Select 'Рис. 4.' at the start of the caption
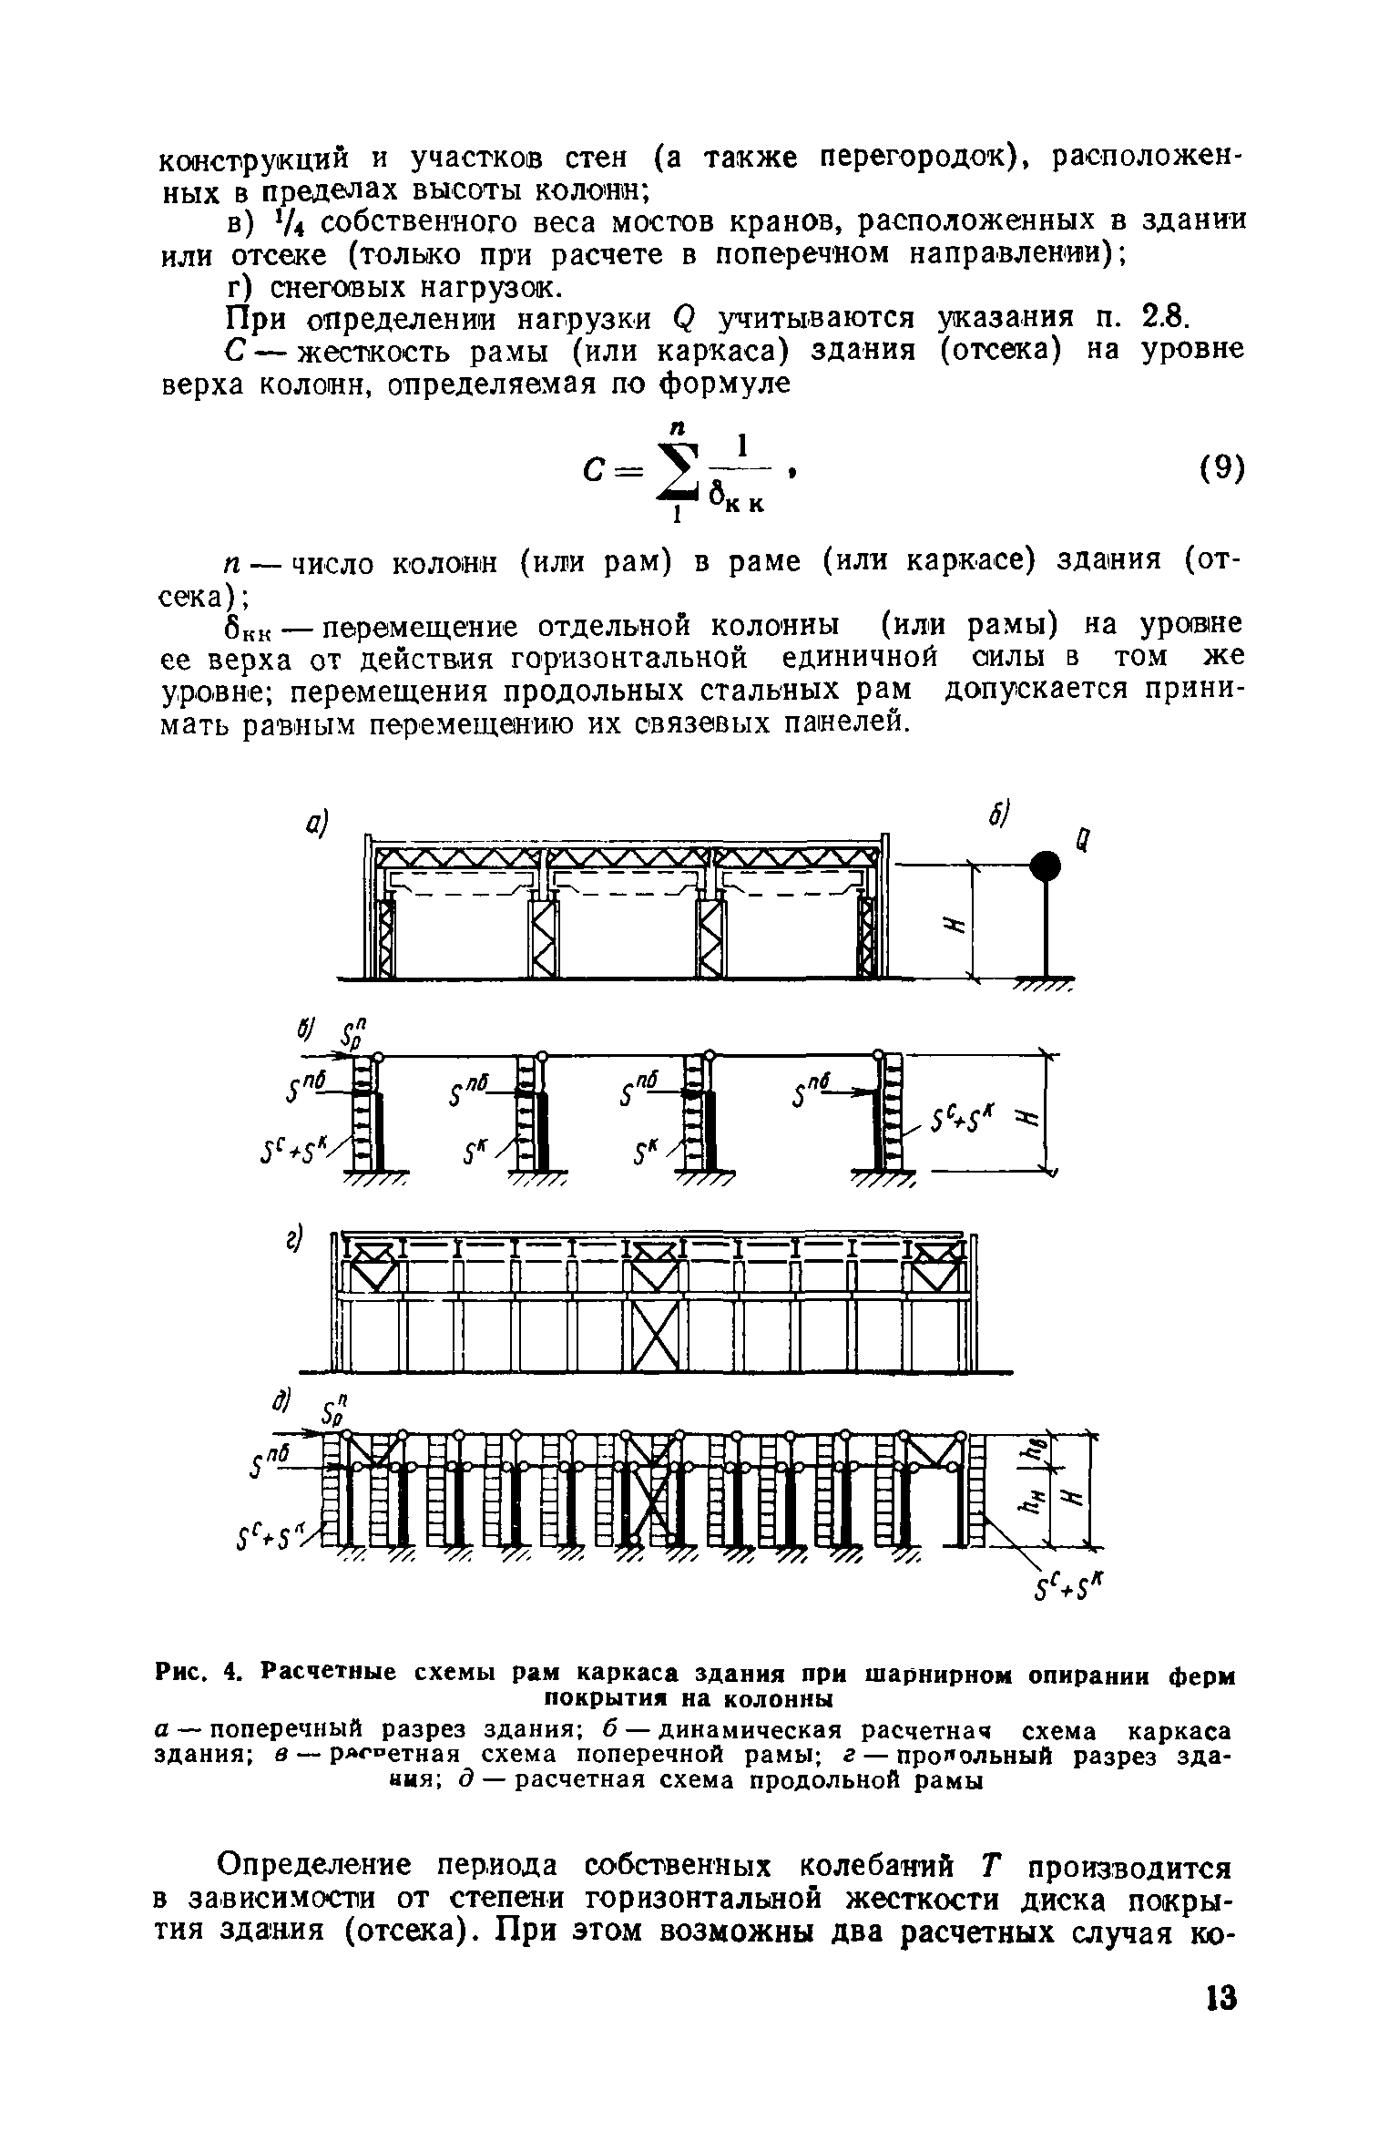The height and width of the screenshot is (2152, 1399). click(197, 1674)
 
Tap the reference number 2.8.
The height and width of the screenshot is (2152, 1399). click(1159, 319)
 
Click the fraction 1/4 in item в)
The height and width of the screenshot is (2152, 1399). click(288, 222)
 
